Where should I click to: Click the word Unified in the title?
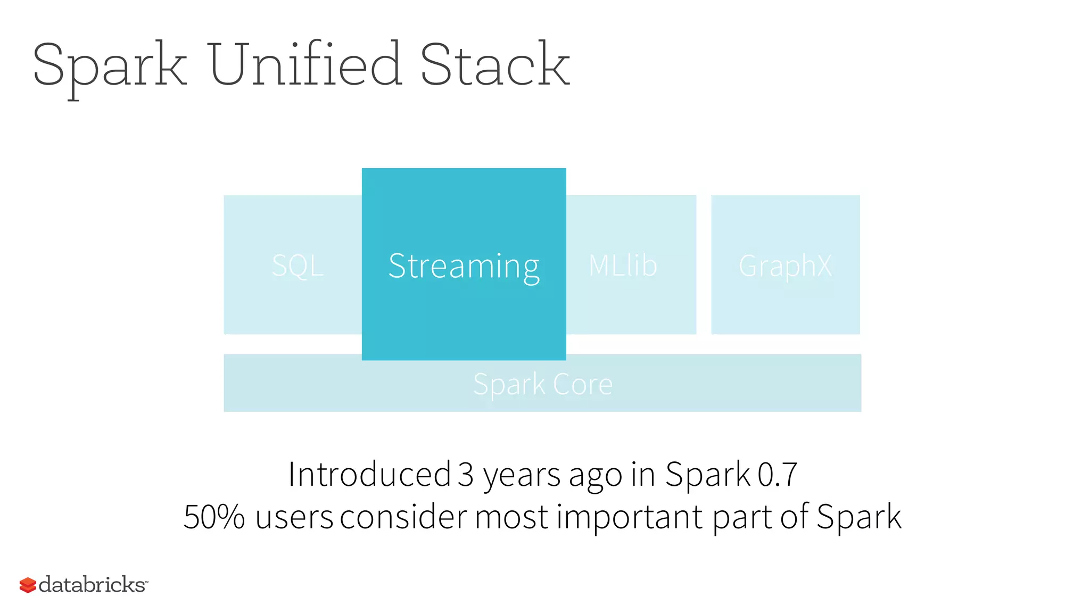point(305,65)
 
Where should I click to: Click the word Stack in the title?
point(495,65)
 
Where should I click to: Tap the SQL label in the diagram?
point(298,265)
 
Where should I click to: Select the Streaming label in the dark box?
point(464,266)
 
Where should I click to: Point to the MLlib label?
point(623,265)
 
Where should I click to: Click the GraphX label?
point(785,266)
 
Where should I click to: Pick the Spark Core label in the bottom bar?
point(542,384)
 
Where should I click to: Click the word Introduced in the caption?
point(369,474)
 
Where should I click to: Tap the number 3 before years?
point(465,474)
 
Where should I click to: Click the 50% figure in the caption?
point(214,517)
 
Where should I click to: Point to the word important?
point(630,517)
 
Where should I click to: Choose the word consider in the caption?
point(403,517)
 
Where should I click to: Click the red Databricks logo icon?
point(28,585)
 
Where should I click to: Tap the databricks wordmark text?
point(92,584)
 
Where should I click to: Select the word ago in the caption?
point(595,475)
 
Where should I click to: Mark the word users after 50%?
point(294,517)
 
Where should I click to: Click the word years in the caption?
point(521,475)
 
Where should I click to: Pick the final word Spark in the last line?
point(858,517)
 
